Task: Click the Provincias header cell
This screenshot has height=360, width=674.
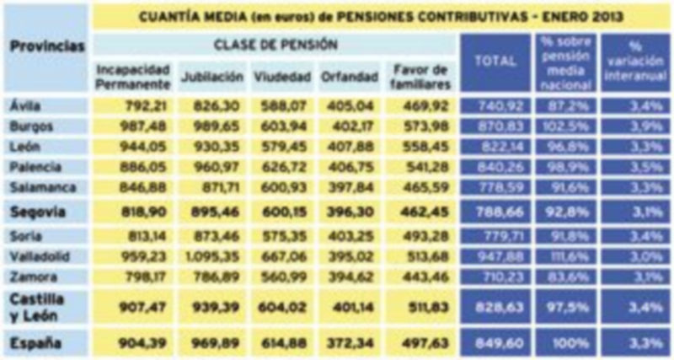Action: pyautogui.click(x=47, y=47)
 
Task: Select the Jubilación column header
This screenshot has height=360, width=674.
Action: pyautogui.click(x=212, y=77)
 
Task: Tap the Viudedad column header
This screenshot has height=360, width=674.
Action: pyautogui.click(x=282, y=77)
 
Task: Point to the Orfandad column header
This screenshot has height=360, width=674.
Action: pyautogui.click(x=348, y=77)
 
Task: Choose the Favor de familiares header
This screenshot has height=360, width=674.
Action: pyautogui.click(x=420, y=77)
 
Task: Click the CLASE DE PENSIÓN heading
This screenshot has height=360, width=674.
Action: pyautogui.click(x=275, y=44)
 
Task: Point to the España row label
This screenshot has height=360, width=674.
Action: pyautogui.click(x=35, y=341)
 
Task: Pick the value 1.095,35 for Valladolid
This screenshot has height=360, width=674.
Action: pyautogui.click(x=212, y=255)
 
